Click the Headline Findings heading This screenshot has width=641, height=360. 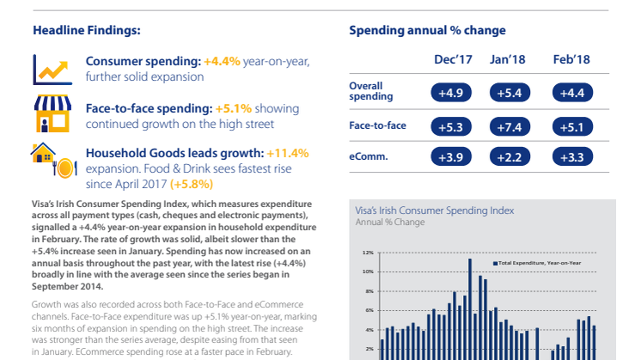point(86,31)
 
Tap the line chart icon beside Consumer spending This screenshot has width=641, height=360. point(52,68)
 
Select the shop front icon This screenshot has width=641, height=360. point(51,113)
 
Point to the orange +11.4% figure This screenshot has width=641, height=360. point(287,152)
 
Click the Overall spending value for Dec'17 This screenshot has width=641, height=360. point(450,92)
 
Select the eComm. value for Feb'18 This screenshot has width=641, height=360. point(571,157)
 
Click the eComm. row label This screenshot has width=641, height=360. point(367,157)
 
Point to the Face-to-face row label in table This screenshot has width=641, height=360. point(377,125)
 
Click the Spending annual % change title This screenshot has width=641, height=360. point(427,31)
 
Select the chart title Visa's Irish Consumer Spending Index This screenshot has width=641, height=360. point(434,209)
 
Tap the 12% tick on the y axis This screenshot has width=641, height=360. point(369,253)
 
